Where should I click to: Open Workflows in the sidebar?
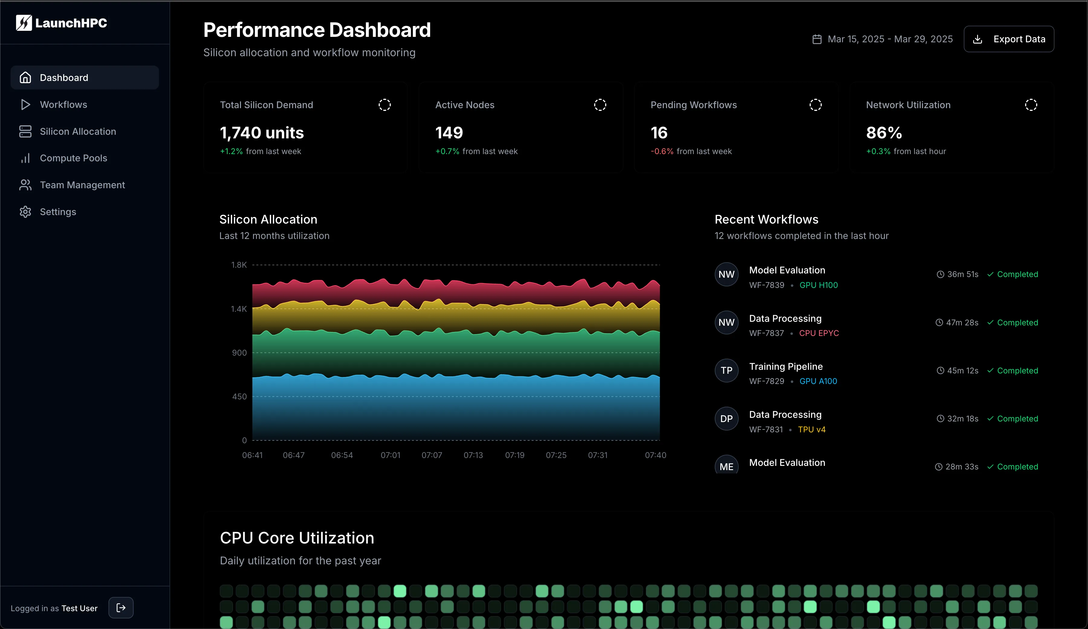click(63, 105)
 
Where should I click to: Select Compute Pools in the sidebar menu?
click(73, 158)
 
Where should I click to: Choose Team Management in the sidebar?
click(82, 185)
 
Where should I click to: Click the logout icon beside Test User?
click(121, 608)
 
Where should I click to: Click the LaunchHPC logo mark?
click(24, 23)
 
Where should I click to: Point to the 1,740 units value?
click(262, 133)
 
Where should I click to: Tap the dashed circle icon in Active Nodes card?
click(600, 105)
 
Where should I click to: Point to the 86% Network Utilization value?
click(884, 133)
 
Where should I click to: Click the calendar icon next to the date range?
click(816, 39)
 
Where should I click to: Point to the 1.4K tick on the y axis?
click(239, 309)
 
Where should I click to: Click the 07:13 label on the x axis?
click(473, 455)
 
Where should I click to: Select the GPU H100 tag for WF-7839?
click(818, 285)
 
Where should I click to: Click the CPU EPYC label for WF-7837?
click(819, 333)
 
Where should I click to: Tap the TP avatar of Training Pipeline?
click(726, 370)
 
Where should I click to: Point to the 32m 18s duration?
click(962, 419)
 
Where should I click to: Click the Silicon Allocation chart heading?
click(268, 219)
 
